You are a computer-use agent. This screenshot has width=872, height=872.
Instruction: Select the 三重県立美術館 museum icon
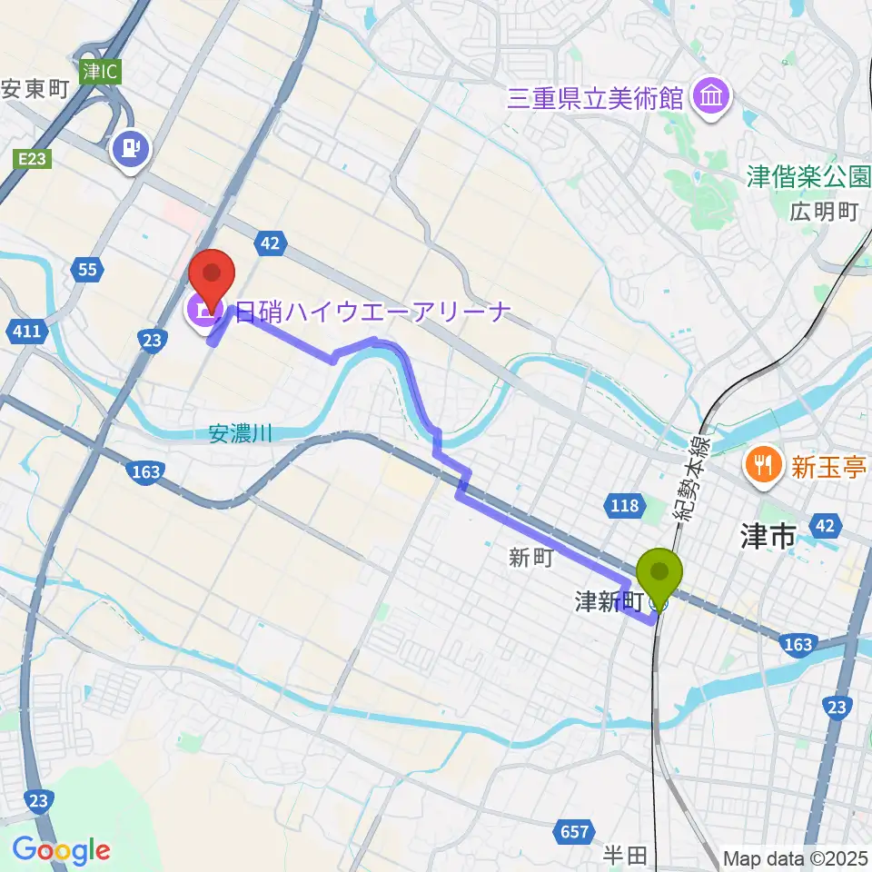coord(711,97)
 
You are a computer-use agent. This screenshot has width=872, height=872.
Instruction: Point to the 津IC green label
coord(99,71)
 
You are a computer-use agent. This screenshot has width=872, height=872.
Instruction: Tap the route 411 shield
coord(27,332)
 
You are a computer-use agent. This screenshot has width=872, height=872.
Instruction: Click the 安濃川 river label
coord(240,435)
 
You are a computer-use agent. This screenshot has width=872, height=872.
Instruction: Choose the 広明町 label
coord(823,213)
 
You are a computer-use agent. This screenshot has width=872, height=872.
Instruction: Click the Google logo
coord(61,850)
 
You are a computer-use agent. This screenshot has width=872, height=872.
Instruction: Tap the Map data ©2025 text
coord(796,857)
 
